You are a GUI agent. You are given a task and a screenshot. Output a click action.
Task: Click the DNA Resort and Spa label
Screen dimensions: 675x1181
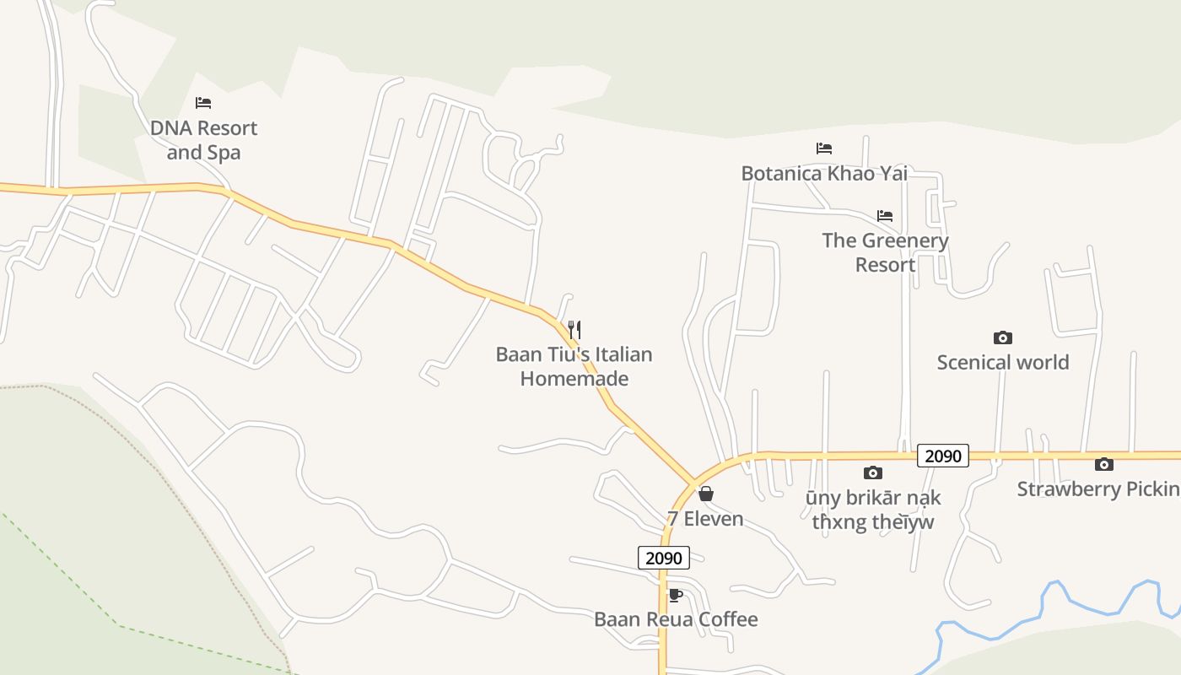[203, 140]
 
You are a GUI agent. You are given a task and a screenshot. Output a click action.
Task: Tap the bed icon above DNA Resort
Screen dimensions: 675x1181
[203, 103]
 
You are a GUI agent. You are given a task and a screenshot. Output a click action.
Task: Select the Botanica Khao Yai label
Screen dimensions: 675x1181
[824, 173]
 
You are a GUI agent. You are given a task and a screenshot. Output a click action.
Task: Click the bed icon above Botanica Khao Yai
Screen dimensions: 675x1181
[824, 148]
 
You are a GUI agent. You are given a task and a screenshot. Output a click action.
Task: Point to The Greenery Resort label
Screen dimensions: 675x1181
[885, 252]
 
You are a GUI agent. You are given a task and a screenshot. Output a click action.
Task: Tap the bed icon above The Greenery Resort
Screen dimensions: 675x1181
[885, 216]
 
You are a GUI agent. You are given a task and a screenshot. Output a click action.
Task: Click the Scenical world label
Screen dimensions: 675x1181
[1003, 362]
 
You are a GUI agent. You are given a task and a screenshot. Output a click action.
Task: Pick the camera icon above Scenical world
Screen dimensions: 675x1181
[1003, 337]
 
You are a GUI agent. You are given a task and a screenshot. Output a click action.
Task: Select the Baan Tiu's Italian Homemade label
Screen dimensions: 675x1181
[574, 366]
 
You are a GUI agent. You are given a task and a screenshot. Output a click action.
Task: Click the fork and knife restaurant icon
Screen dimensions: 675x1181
[574, 329]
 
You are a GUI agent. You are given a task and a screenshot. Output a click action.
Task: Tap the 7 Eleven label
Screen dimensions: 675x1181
[705, 518]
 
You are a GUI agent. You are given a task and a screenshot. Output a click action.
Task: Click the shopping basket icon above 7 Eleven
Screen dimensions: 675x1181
[706, 494]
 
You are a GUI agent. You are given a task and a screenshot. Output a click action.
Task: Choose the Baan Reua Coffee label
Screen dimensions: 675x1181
[676, 619]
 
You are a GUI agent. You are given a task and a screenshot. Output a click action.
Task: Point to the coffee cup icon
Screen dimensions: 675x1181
[676, 595]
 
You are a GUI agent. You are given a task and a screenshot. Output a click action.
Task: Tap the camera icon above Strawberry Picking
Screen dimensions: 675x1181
[1104, 464]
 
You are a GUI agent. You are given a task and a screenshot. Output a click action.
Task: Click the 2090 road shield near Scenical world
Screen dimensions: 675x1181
[943, 456]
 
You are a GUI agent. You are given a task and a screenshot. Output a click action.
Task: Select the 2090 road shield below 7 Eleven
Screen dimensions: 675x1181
[664, 558]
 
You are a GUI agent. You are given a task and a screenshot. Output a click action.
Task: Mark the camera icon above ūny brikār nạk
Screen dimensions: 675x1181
[873, 472]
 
